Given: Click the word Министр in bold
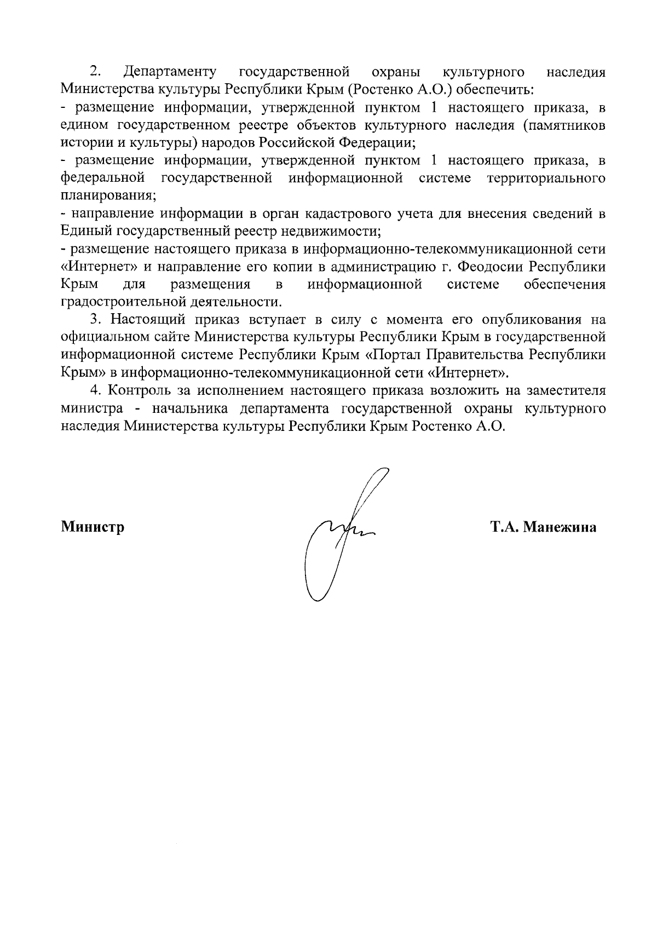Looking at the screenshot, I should (x=93, y=527).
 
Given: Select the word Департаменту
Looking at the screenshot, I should (x=170, y=72).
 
